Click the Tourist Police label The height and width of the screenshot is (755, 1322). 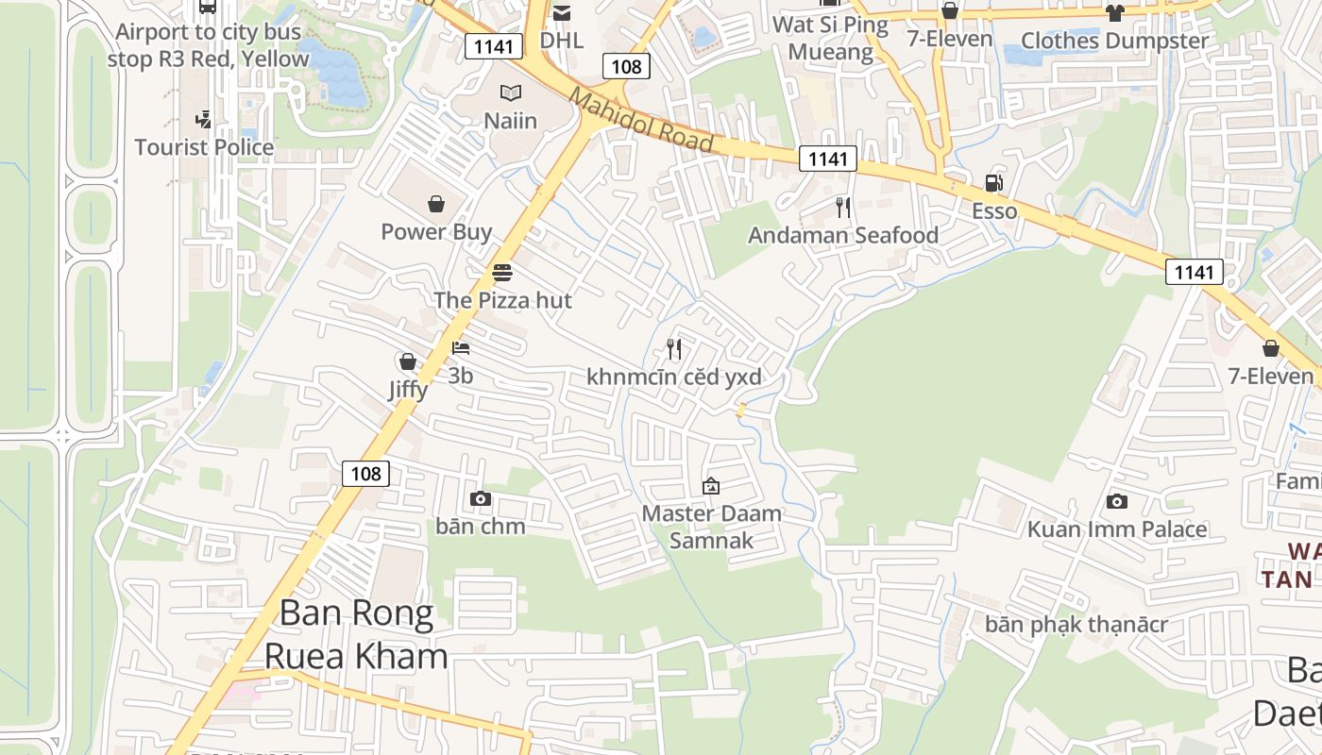204,147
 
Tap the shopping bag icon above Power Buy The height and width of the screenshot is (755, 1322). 436,204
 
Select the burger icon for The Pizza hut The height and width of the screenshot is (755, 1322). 502,274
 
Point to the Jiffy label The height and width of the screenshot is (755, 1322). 408,389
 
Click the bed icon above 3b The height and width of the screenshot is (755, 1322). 461,348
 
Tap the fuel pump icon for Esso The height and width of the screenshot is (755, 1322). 993,183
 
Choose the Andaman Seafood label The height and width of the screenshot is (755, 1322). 843,235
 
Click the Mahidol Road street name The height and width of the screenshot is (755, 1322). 641,121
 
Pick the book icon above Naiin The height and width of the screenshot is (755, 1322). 511,92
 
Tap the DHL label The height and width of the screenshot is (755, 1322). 562,40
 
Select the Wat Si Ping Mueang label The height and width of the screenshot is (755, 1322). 831,38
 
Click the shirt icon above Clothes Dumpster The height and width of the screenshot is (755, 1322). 1115,13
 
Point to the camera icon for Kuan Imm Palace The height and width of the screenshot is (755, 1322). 1117,501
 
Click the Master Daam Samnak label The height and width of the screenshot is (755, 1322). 711,527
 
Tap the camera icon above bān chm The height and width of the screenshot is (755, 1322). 481,498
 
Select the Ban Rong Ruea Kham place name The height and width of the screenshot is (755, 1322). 356,634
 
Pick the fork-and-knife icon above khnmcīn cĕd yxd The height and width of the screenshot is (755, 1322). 674,349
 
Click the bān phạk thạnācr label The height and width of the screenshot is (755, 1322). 1076,624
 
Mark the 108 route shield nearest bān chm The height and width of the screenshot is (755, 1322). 365,473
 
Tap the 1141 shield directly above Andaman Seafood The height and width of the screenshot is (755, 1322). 828,159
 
